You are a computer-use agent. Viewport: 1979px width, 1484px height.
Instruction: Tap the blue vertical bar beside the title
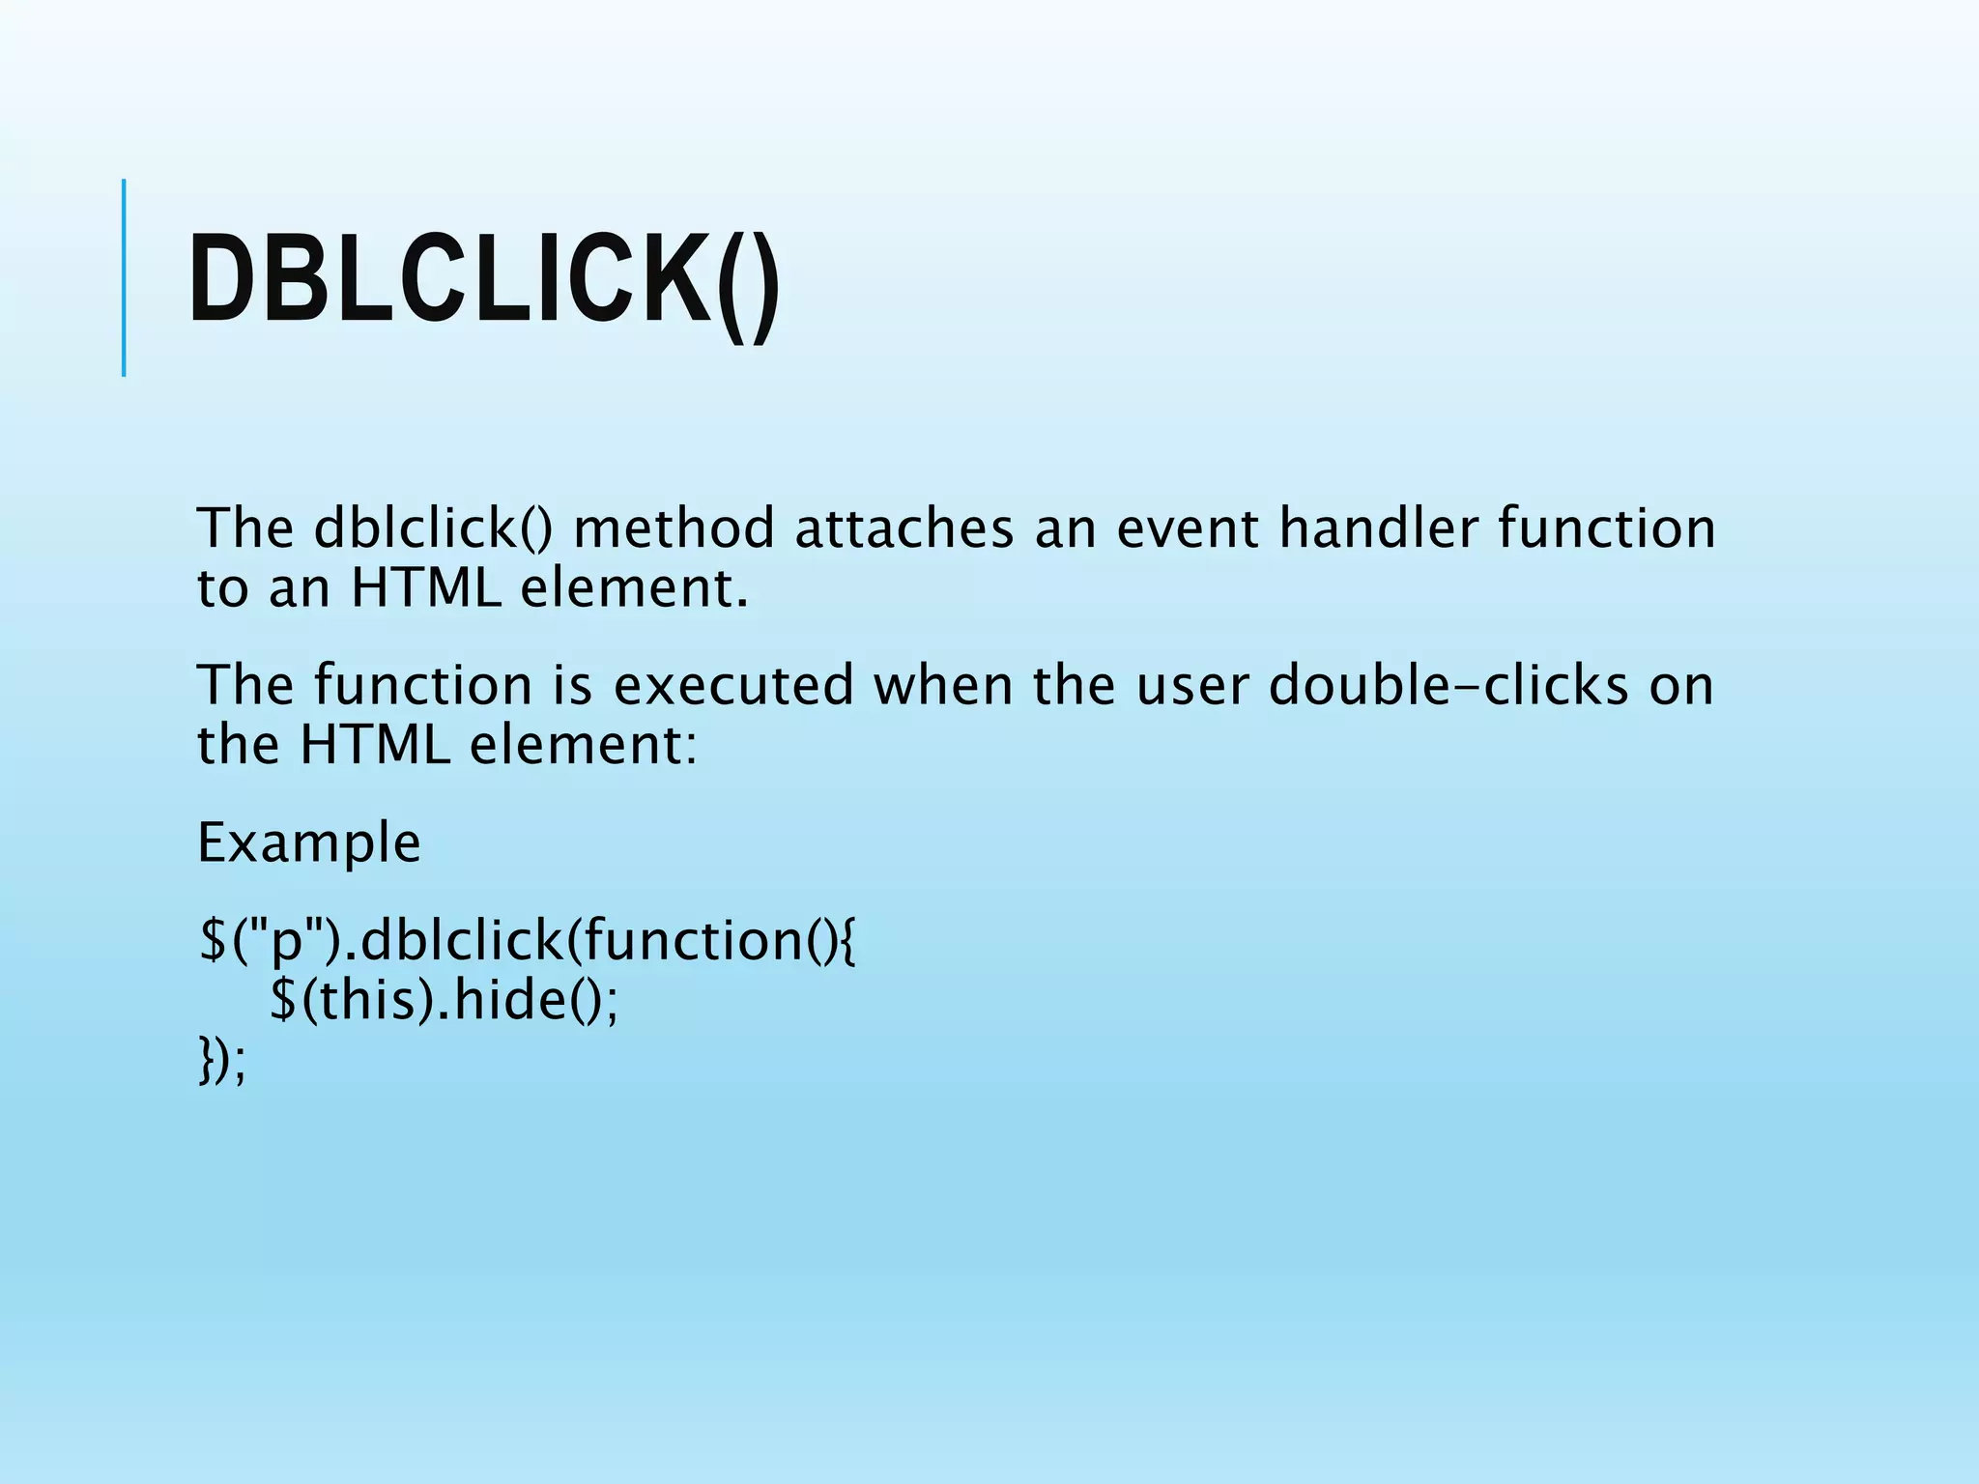(124, 277)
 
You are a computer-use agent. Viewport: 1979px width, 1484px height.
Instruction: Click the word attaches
(903, 529)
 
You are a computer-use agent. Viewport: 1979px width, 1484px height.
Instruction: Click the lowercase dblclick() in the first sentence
(434, 529)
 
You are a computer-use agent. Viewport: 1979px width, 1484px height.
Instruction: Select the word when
(943, 686)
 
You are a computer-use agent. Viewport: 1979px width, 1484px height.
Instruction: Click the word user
(1191, 686)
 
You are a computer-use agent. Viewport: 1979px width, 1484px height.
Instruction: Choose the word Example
(309, 843)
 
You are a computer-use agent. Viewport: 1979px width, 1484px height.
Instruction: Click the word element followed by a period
(634, 588)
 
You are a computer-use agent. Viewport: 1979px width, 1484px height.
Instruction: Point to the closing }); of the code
(221, 1060)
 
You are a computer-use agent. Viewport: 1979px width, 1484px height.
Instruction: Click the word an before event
(1065, 529)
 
